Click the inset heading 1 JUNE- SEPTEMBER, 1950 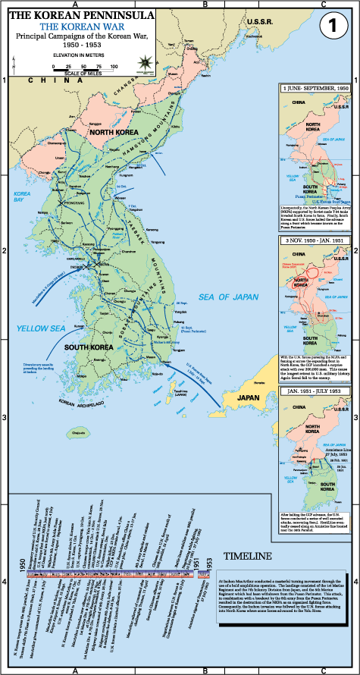[315, 89]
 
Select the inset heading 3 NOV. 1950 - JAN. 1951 [315, 240]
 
